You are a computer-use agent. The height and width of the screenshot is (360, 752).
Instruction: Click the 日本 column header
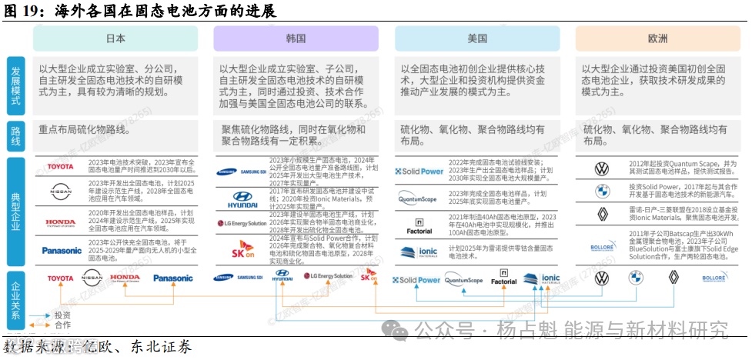115,38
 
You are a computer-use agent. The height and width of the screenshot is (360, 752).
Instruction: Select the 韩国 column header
296,38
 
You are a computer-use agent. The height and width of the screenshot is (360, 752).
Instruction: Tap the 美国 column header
476,38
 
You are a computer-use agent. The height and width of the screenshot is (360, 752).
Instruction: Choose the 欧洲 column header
657,38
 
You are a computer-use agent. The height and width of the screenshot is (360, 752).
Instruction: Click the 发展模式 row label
17,85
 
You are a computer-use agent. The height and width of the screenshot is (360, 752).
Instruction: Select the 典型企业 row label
17,208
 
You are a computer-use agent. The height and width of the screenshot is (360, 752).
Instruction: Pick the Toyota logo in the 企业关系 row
61,278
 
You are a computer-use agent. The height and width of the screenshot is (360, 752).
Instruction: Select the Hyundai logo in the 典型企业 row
242,198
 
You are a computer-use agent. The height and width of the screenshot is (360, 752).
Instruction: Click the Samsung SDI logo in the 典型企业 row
242,172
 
